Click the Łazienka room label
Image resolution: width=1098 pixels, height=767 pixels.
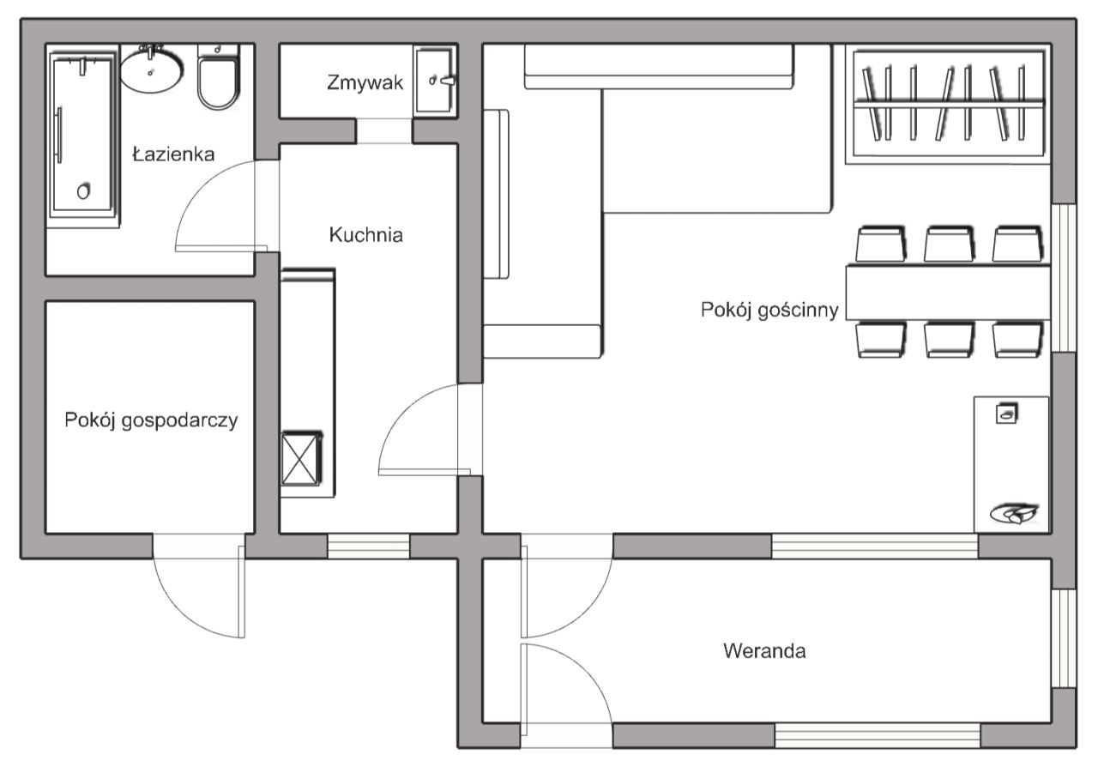click(x=173, y=154)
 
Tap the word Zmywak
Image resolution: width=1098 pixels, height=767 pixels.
click(x=365, y=82)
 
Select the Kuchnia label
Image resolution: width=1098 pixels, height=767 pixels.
click(x=366, y=235)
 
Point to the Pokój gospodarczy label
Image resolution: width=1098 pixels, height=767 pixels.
click(x=151, y=420)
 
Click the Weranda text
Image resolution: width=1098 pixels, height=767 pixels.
click(x=764, y=651)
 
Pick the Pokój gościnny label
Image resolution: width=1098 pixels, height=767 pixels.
click(x=769, y=311)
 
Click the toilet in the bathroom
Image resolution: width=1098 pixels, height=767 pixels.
click(x=219, y=76)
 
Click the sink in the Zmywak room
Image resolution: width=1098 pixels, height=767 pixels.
click(x=435, y=81)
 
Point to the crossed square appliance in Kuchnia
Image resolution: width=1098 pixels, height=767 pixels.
click(x=300, y=459)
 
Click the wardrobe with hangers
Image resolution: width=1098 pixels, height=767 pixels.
click(x=948, y=105)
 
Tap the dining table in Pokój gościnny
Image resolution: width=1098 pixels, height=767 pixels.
click(x=948, y=293)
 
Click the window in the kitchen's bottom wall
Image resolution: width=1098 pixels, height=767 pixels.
click(x=369, y=547)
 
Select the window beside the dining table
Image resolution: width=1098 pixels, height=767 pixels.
click(x=1064, y=278)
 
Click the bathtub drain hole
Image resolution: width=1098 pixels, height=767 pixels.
click(x=84, y=191)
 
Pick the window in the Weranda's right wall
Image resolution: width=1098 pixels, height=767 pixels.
click(x=1064, y=638)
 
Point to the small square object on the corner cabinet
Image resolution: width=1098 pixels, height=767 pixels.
click(x=1007, y=414)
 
